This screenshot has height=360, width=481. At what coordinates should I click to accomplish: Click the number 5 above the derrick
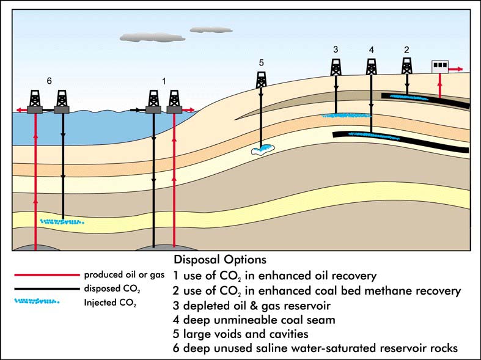click(x=261, y=62)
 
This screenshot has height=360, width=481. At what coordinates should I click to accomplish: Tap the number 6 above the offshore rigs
click(x=50, y=80)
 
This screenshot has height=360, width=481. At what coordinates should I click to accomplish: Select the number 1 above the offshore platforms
click(x=163, y=81)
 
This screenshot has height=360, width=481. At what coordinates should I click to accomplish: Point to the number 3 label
click(x=336, y=49)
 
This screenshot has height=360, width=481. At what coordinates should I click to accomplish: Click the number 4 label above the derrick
click(x=371, y=49)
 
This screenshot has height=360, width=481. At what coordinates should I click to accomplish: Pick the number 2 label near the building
click(x=406, y=49)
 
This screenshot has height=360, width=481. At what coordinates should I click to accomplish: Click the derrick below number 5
click(x=261, y=79)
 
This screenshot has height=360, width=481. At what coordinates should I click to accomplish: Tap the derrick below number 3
click(x=336, y=67)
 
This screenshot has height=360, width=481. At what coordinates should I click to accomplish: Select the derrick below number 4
click(x=371, y=67)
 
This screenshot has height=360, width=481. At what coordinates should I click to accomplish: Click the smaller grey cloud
click(x=202, y=29)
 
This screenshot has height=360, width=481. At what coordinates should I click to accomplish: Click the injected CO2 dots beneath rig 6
click(x=61, y=222)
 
